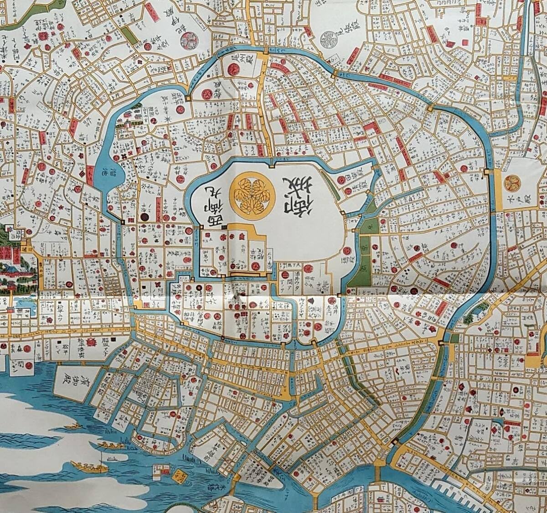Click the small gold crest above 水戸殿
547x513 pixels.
(512, 183)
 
